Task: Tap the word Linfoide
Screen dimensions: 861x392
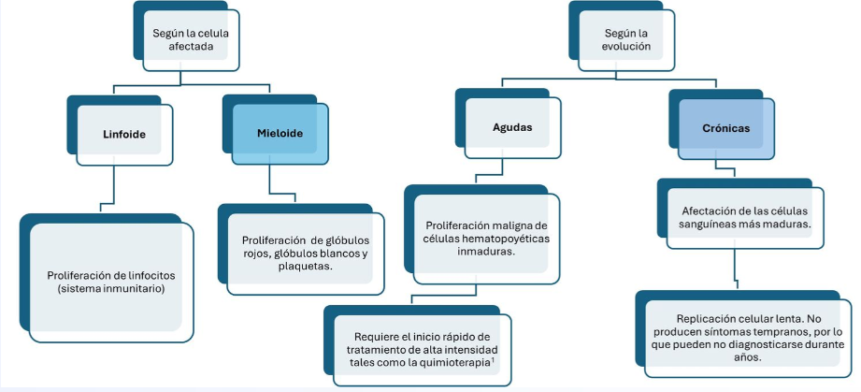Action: [x=124, y=134]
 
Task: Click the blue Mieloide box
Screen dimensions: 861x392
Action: [x=280, y=134]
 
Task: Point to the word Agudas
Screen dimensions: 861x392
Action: [x=512, y=127]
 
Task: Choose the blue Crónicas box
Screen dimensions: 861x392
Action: [x=726, y=128]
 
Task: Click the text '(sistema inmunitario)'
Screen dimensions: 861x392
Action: [x=110, y=288]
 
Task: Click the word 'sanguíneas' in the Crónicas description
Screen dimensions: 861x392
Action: [x=706, y=224]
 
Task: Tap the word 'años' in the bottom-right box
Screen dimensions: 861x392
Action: [x=748, y=356]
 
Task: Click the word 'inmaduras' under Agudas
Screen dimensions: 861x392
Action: [x=485, y=252]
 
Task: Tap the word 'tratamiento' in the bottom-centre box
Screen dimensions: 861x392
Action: [x=376, y=349]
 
